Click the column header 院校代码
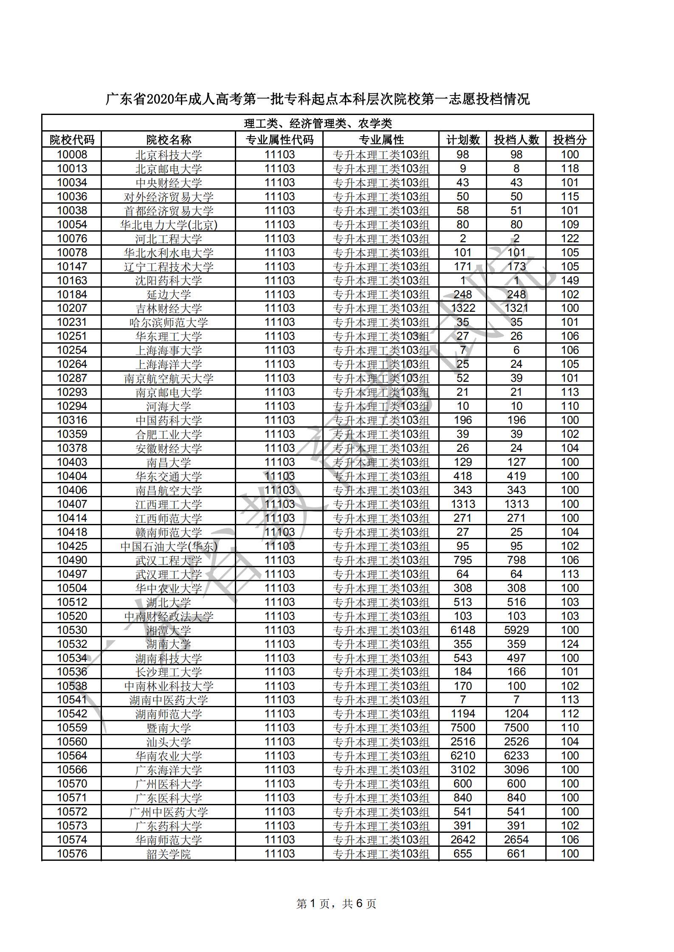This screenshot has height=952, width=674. coord(72,140)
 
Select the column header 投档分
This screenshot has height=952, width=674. coord(570,140)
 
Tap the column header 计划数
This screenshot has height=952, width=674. coord(462,140)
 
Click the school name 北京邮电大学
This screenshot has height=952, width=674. coord(169,169)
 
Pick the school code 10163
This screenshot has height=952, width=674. coord(72,280)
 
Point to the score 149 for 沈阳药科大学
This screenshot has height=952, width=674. coord(570,280)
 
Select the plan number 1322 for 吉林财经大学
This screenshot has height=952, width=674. coord(462,308)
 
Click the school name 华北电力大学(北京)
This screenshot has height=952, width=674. coord(169,225)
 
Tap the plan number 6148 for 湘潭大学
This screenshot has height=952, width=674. coord(462,630)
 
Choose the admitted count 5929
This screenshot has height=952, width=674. coord(516,630)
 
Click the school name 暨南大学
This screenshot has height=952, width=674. coord(169,728)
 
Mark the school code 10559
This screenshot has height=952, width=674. coord(72,728)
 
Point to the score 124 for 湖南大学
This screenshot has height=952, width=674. coord(570,644)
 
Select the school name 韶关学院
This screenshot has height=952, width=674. coord(169,854)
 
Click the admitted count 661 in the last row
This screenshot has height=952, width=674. coord(516,854)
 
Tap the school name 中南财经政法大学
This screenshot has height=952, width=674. coord(169,616)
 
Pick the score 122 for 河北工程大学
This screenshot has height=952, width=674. coord(570,238)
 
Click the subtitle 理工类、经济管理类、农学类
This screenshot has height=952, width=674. coord(318,123)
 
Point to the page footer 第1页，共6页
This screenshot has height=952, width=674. coord(336,904)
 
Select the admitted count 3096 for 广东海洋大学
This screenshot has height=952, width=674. coord(516,770)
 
